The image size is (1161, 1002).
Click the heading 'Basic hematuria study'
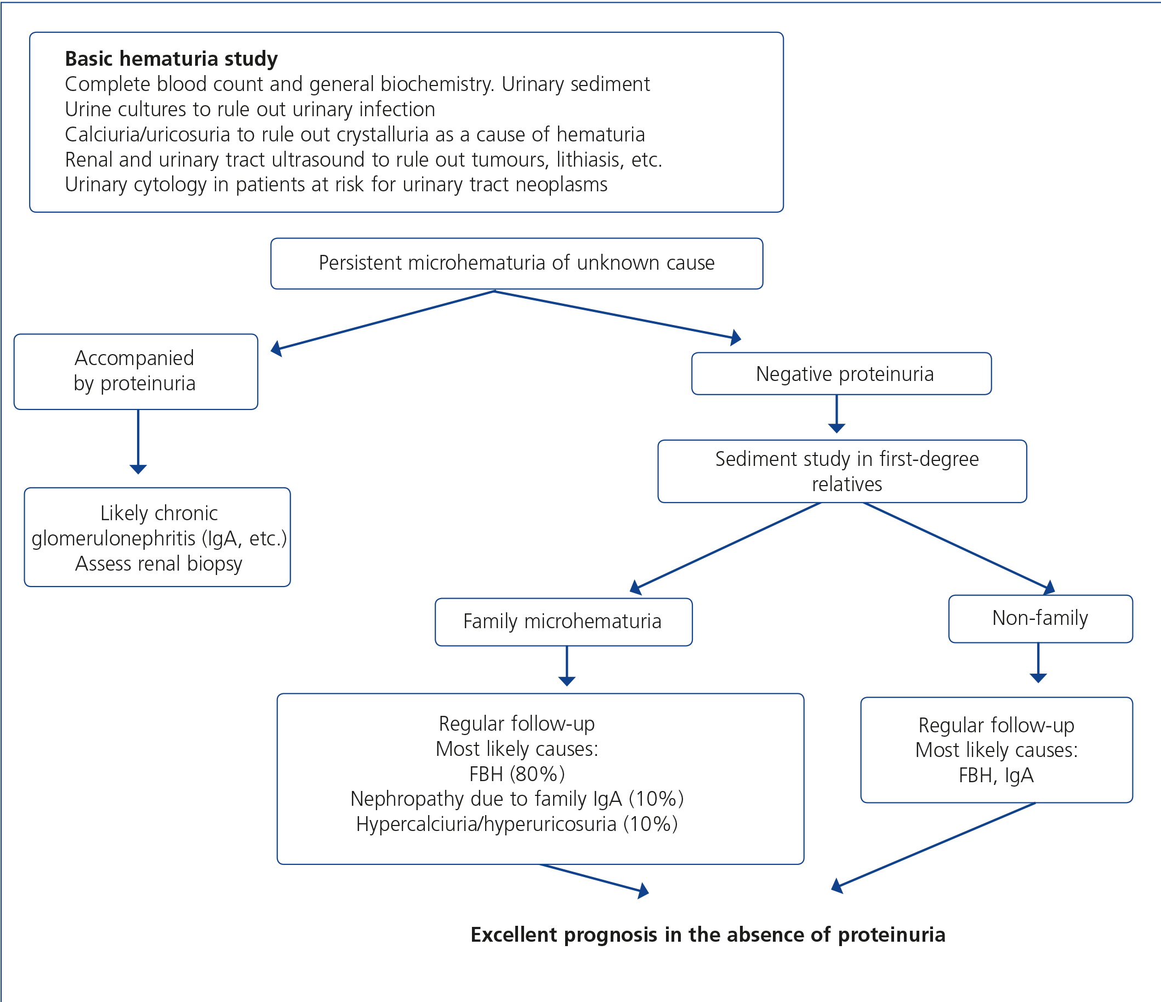click(x=172, y=59)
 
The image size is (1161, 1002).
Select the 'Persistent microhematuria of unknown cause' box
click(x=516, y=264)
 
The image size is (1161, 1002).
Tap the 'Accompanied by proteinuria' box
click(x=135, y=372)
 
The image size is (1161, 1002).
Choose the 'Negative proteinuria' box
click(x=841, y=374)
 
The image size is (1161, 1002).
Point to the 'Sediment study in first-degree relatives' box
click(x=842, y=471)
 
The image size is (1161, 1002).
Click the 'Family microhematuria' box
click(x=564, y=622)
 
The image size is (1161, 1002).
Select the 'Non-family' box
click(x=1040, y=619)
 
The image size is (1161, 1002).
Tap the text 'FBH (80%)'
click(x=516, y=774)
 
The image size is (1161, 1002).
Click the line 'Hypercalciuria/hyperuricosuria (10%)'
click(x=516, y=824)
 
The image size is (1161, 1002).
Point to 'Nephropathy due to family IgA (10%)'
click(x=516, y=799)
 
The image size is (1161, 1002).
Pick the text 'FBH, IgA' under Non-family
click(x=996, y=775)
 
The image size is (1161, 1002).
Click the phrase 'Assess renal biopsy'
click(x=158, y=563)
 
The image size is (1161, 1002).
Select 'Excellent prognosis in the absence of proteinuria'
click(x=708, y=935)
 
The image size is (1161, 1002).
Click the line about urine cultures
click(x=250, y=109)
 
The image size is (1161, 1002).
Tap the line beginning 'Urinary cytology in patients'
click(x=336, y=184)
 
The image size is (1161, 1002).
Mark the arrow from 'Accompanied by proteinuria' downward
click(x=138, y=442)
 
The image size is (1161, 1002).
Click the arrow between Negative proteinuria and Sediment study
click(x=836, y=414)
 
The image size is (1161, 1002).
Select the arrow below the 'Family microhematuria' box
click(x=567, y=667)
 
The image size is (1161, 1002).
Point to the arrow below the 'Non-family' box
click(x=1038, y=663)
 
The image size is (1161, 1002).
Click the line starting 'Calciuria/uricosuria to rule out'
click(x=355, y=134)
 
